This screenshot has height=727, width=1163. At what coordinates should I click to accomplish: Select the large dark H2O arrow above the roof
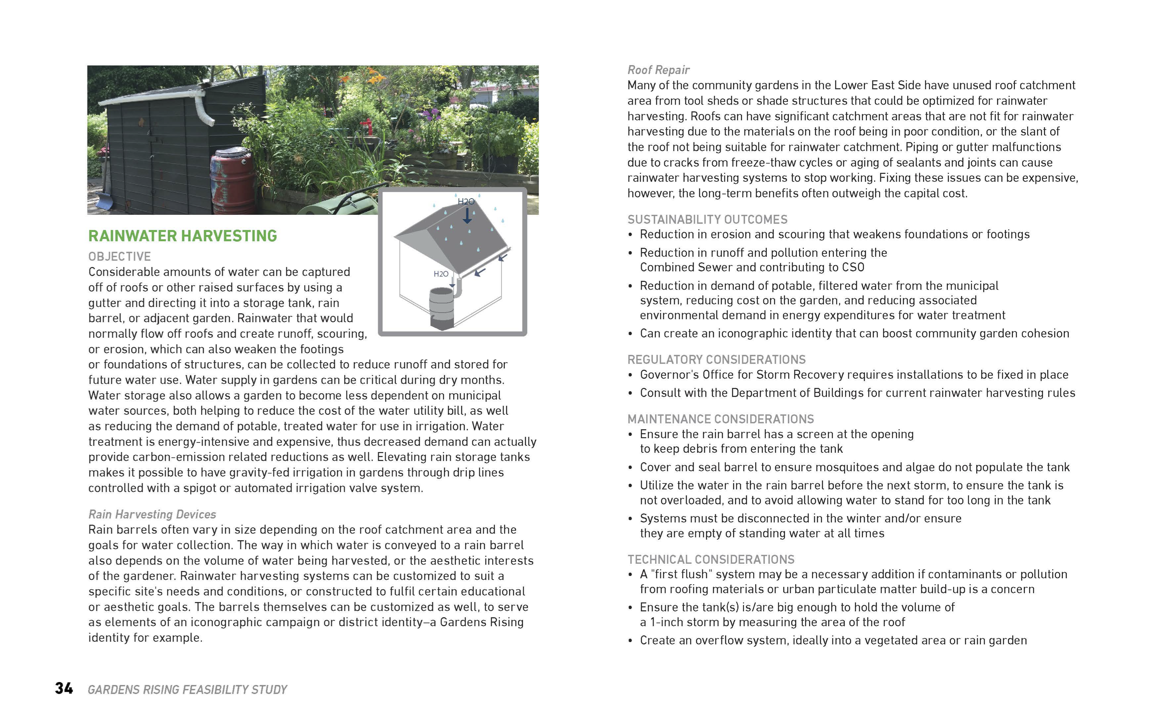click(467, 216)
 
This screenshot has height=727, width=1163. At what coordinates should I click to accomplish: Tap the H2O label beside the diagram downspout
click(441, 274)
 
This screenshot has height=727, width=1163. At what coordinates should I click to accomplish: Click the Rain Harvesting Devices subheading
click(152, 515)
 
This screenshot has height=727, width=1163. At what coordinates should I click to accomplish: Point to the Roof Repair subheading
click(658, 70)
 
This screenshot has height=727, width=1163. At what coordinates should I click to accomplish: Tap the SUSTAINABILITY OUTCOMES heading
click(707, 220)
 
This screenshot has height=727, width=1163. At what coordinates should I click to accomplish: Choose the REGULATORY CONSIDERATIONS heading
click(716, 360)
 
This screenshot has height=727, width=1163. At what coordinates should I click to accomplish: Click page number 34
click(64, 689)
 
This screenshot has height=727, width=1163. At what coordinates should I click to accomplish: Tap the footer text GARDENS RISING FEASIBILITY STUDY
click(187, 690)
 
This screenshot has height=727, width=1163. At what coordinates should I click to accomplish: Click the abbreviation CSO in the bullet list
click(853, 267)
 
